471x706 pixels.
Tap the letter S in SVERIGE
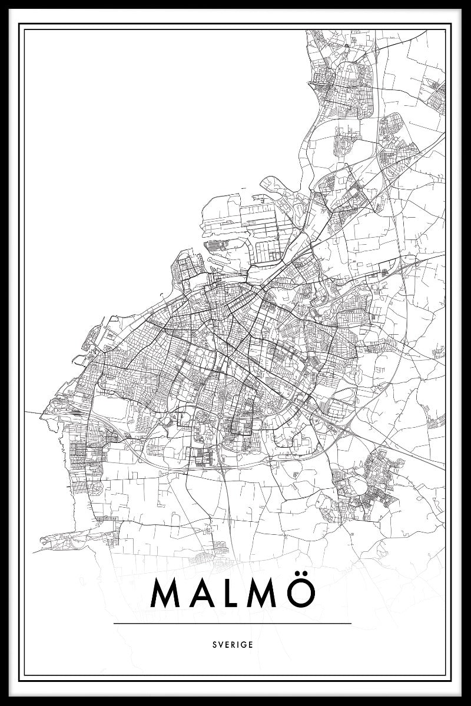pos(214,644)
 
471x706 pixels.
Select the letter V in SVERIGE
pos(220,644)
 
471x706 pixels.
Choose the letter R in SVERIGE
pos(233,644)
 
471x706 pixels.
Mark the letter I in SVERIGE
pos(238,644)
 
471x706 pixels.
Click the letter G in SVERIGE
pos(244,644)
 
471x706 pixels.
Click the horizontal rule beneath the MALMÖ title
pos(233,623)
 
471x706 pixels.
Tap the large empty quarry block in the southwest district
pos(112,406)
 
